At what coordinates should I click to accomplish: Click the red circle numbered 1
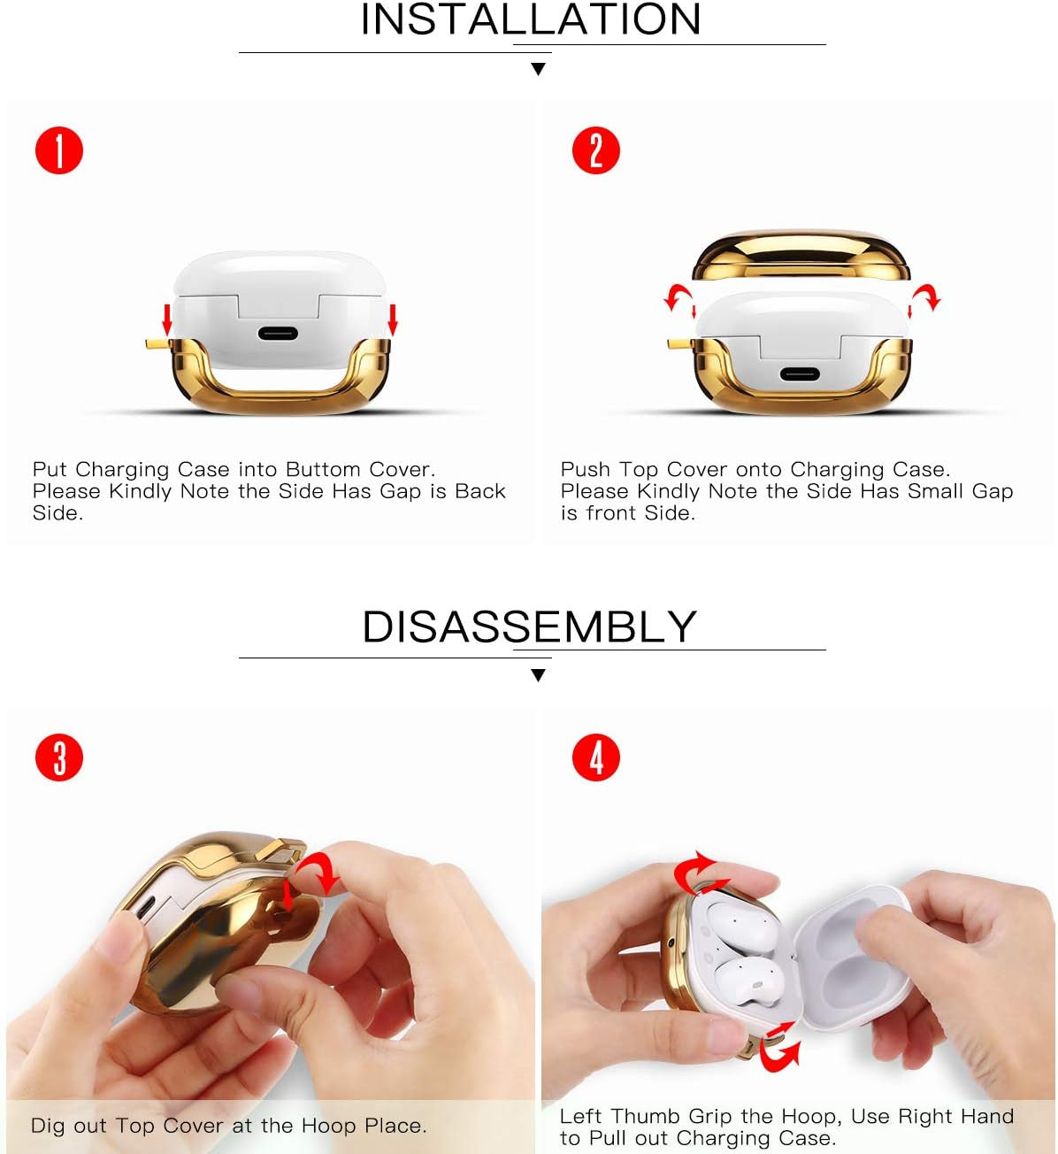(59, 150)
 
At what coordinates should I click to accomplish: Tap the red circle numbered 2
(595, 150)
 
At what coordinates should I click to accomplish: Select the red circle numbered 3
(59, 758)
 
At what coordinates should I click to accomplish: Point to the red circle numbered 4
(595, 758)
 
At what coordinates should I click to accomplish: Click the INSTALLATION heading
(531, 19)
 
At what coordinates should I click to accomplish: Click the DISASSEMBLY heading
(529, 627)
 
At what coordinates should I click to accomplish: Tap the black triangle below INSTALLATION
(538, 69)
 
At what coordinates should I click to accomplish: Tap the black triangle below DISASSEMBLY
(538, 675)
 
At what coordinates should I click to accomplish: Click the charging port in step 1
(278, 334)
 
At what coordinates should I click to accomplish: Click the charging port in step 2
(799, 373)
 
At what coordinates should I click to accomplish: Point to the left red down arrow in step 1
(167, 318)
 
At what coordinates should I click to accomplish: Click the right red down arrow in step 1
(393, 319)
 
